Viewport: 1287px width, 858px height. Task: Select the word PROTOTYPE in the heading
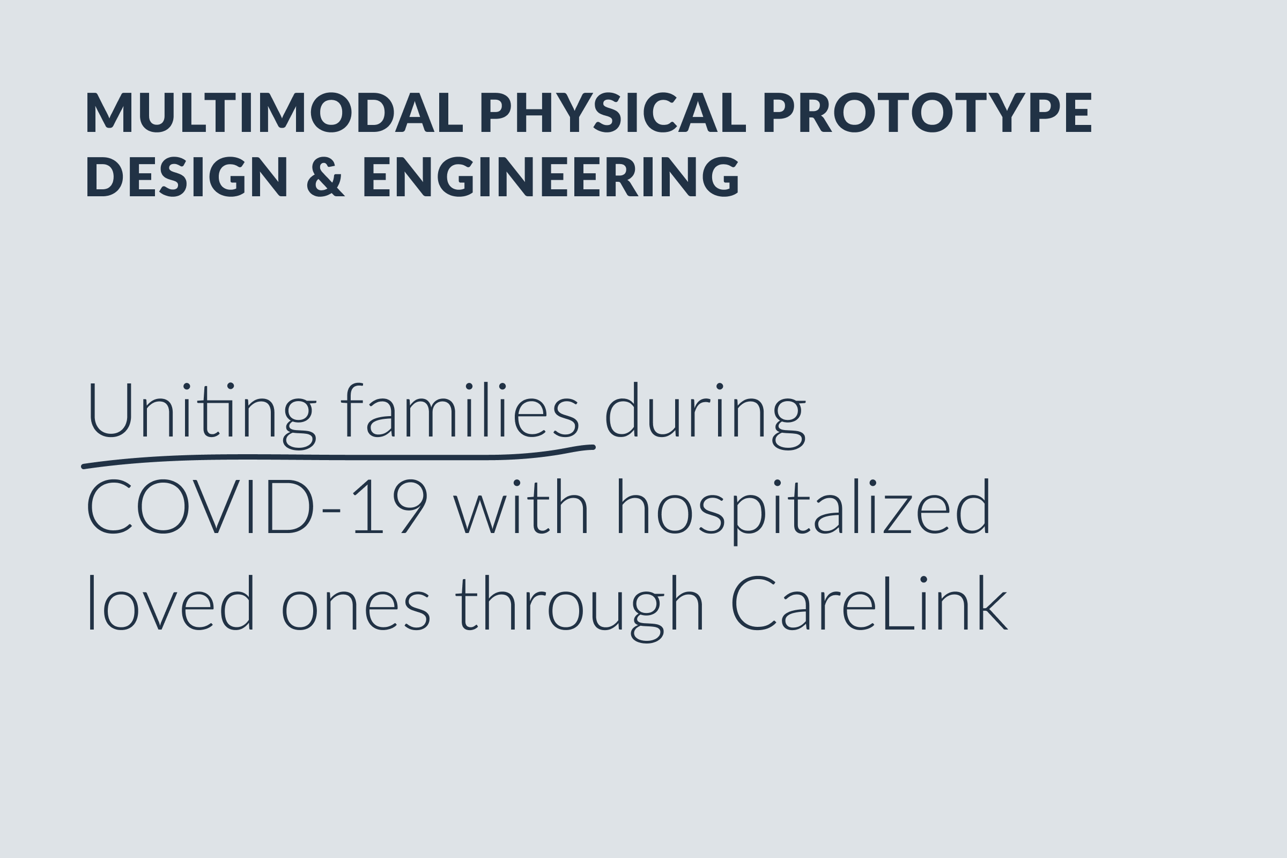tap(927, 112)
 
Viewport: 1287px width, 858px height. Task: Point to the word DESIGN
tap(187, 177)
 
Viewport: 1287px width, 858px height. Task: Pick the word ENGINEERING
tap(551, 177)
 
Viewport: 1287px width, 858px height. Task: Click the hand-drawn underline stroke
tap(339, 457)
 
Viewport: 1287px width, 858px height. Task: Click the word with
tap(521, 506)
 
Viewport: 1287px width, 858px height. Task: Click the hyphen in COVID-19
tap(331, 510)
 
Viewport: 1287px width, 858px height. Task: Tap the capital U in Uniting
tap(110, 410)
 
